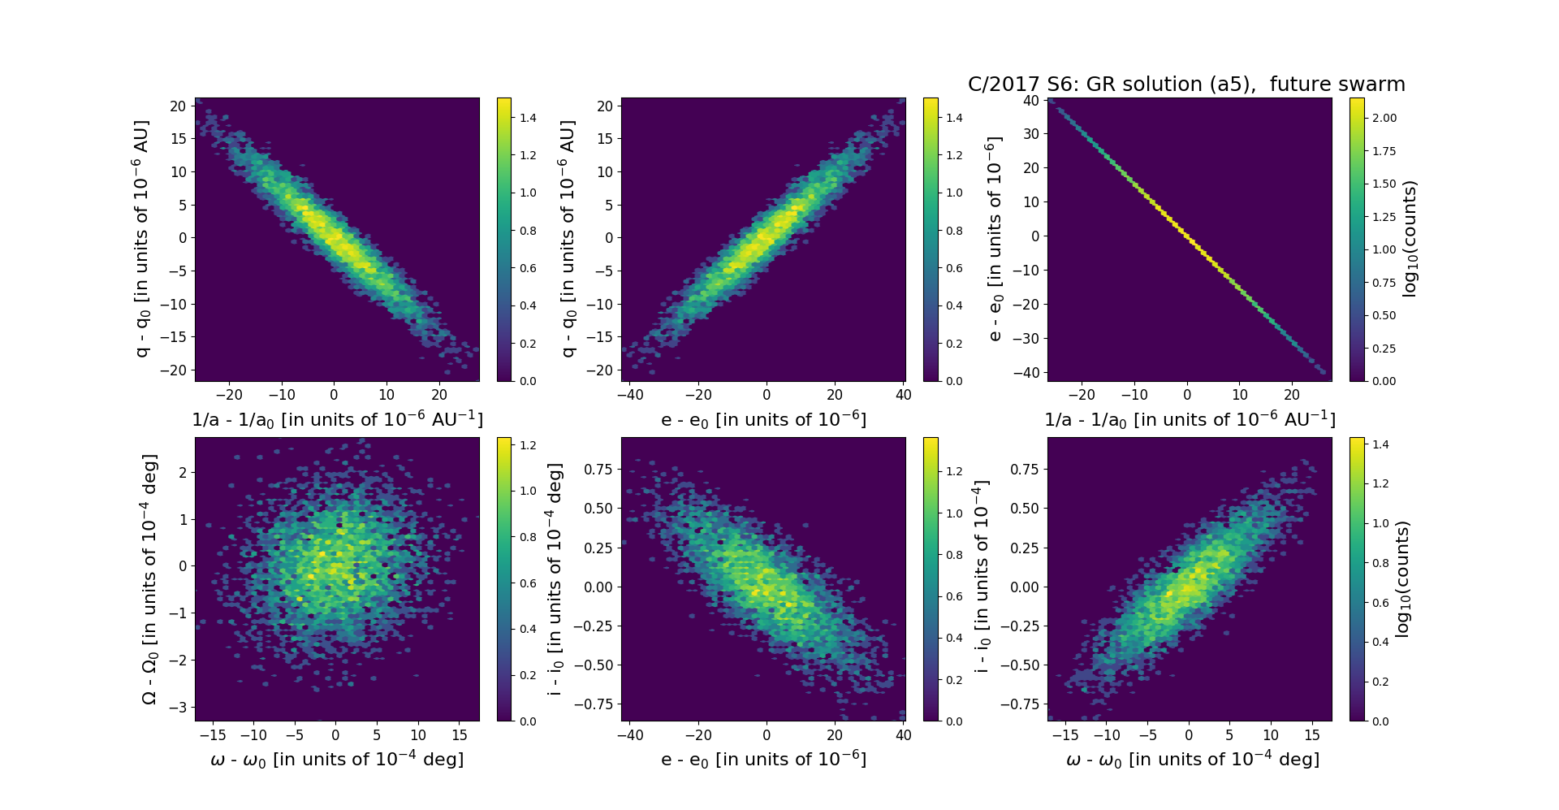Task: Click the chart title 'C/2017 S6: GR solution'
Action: pos(1185,84)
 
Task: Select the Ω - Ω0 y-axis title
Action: pos(149,579)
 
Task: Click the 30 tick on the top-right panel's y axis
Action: pos(1030,134)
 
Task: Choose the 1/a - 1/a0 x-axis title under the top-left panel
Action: pos(337,419)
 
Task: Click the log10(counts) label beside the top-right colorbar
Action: pos(1410,239)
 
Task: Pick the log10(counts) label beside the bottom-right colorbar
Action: pos(1402,579)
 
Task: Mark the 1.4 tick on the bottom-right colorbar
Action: pos(1380,444)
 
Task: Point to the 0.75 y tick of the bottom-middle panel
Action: pos(599,469)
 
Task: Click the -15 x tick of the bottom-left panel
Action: pos(213,735)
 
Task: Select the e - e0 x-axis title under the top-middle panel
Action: pos(763,419)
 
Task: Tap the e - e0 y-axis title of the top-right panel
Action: pos(994,239)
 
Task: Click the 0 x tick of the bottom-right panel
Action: pos(1189,735)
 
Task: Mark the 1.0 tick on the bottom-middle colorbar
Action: pos(955,513)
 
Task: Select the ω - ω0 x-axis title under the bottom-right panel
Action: pos(1192,759)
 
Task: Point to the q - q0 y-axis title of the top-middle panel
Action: pos(568,239)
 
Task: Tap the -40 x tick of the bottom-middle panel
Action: pos(630,735)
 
